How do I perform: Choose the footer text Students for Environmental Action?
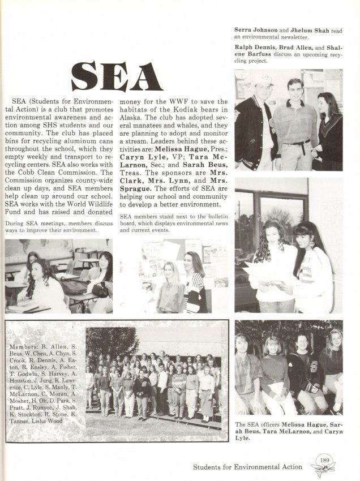(248, 467)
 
